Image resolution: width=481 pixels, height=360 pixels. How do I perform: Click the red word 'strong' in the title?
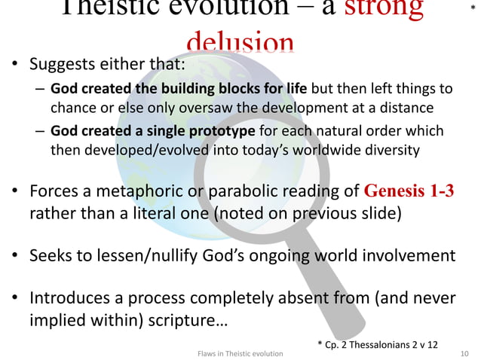pos(382,8)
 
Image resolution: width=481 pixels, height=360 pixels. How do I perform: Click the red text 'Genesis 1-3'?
pos(409,190)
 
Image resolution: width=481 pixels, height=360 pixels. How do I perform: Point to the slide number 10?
pos(464,352)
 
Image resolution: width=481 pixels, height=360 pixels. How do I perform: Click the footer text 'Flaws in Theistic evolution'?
pos(239,352)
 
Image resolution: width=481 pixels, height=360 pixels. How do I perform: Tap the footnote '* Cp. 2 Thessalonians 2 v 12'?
pos(376,344)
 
